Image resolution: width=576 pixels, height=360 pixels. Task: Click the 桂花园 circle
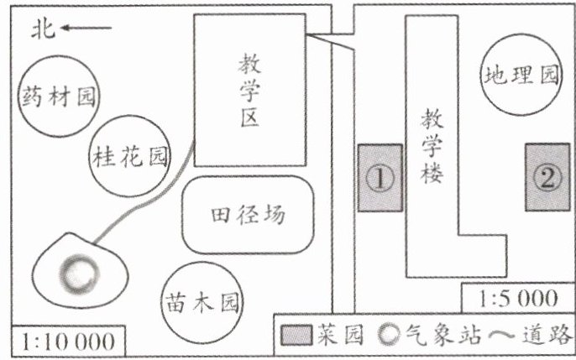click(x=128, y=154)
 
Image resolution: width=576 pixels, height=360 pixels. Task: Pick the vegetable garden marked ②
click(x=547, y=177)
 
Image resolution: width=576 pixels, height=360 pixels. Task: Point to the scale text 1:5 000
click(x=517, y=298)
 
